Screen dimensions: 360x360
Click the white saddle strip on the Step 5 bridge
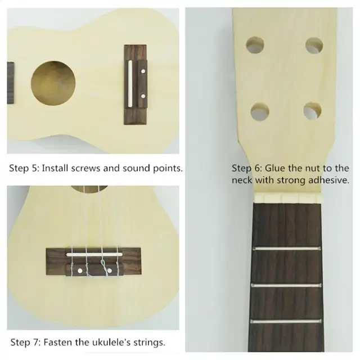pyautogui.click(x=132, y=84)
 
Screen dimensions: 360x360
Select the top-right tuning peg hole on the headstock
pyautogui.click(x=313, y=46)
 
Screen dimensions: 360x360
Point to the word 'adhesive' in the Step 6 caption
pyautogui.click(x=329, y=181)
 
